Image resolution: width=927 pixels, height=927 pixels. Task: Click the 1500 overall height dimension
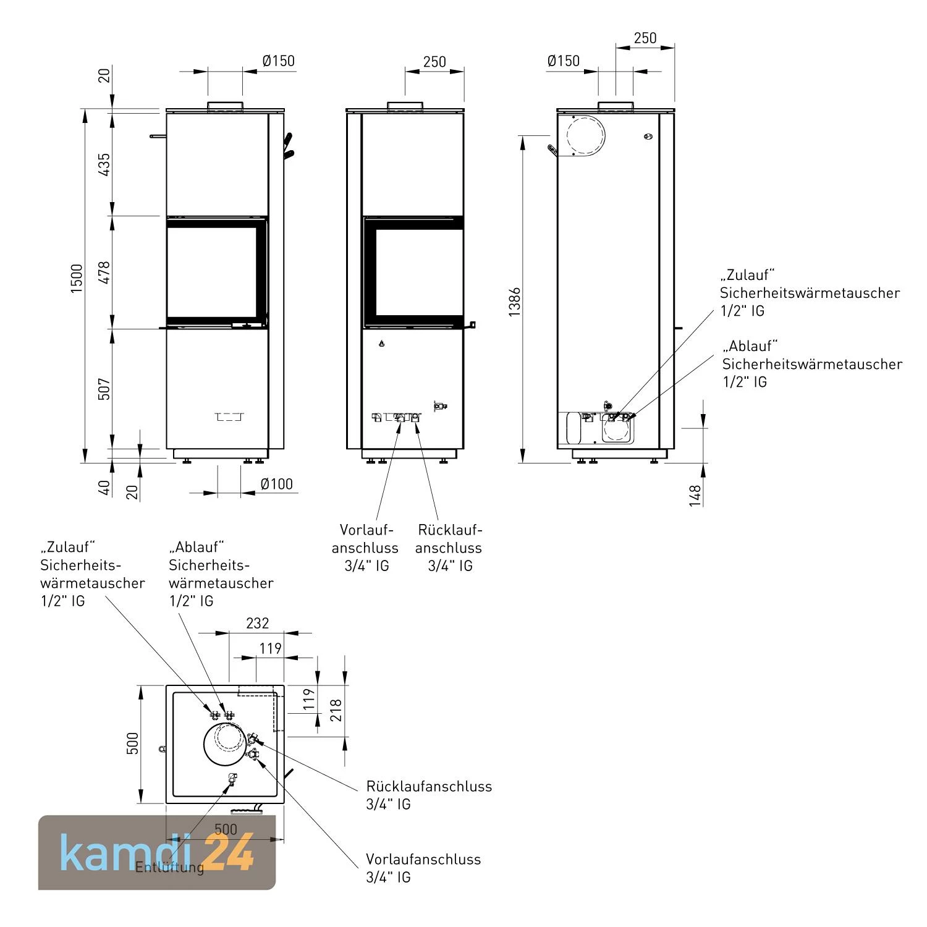(76, 278)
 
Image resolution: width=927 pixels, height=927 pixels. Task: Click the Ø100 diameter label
(276, 484)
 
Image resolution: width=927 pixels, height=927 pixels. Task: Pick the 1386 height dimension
(514, 301)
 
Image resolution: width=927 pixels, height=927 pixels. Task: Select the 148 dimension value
(695, 496)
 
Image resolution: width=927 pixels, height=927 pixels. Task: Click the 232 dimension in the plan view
(257, 623)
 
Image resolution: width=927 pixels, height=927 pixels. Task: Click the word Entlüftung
(169, 867)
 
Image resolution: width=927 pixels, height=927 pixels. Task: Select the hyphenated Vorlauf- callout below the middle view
(366, 530)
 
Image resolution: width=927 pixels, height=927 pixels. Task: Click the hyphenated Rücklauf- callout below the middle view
(449, 530)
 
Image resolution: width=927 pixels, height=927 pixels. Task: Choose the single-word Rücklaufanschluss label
(429, 786)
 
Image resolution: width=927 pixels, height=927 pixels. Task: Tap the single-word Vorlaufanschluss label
(423, 859)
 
